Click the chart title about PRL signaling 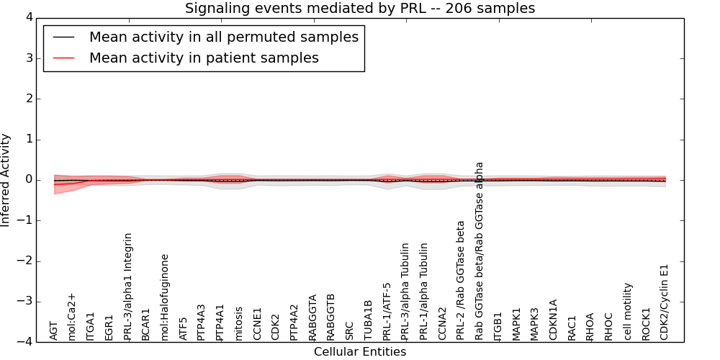[360, 9]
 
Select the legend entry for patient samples [204, 58]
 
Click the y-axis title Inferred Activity [6, 180]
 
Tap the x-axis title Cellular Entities [360, 352]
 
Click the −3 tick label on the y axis [30, 302]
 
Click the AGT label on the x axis [53, 330]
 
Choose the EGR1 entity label [109, 327]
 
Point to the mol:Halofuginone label [165, 297]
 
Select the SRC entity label [350, 330]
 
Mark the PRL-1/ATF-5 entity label [387, 311]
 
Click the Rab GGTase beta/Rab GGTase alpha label [480, 251]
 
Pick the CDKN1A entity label [554, 320]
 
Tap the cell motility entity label [628, 311]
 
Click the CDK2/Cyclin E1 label [665, 302]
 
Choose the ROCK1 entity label [647, 324]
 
